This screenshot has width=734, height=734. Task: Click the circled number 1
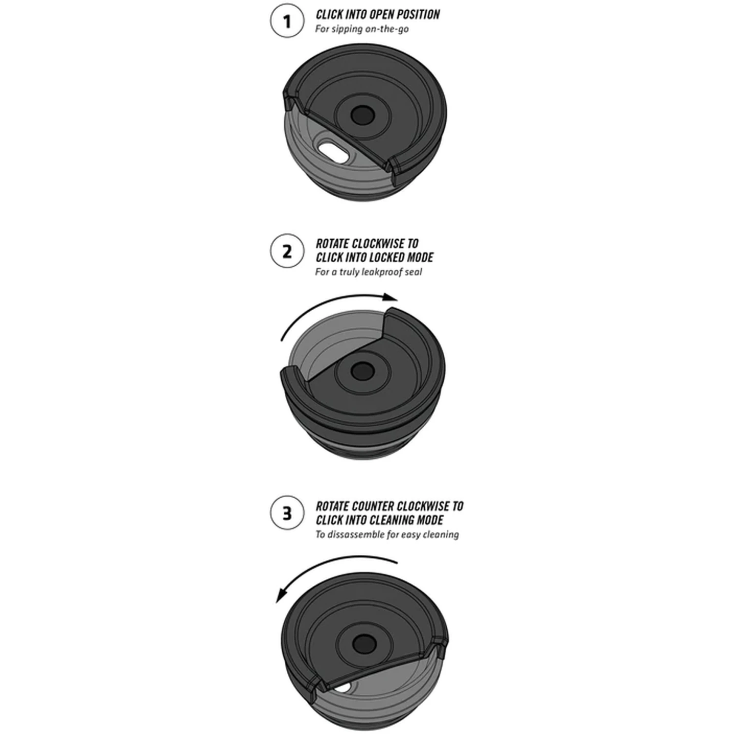click(x=287, y=22)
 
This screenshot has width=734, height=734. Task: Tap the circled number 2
click(x=287, y=251)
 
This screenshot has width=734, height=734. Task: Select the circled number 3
click(x=287, y=513)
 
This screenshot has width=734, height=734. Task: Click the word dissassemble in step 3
click(x=360, y=535)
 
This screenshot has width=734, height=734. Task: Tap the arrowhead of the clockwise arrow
click(x=390, y=297)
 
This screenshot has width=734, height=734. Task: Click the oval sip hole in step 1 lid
click(x=333, y=152)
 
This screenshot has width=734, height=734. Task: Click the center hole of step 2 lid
click(x=362, y=370)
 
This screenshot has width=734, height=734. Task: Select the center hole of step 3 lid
click(x=362, y=642)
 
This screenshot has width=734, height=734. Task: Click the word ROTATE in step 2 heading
click(x=333, y=244)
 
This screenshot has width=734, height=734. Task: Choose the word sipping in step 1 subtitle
click(x=346, y=29)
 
